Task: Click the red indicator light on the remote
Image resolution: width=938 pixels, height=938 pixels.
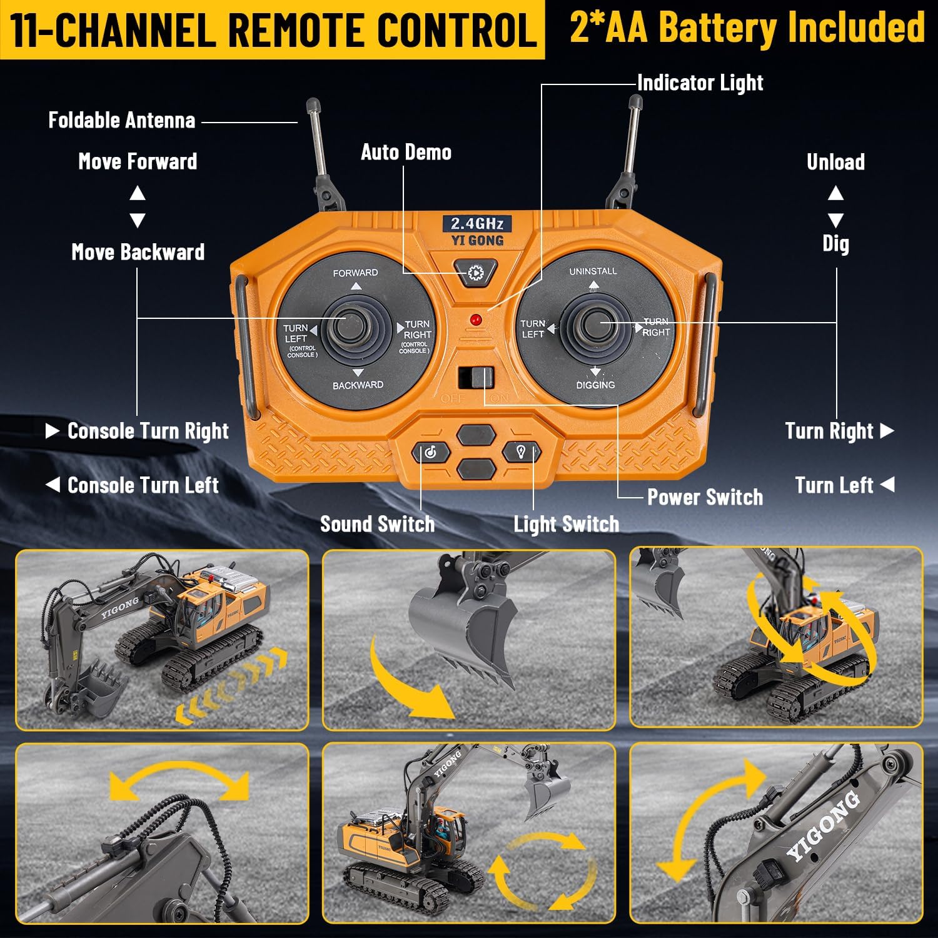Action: (x=475, y=320)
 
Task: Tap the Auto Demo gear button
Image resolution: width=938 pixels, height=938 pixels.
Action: (x=475, y=273)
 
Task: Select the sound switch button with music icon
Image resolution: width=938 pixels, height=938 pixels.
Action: (x=430, y=452)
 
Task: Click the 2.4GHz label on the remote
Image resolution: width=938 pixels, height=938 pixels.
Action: (x=477, y=223)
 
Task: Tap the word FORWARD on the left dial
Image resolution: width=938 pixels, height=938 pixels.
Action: (x=355, y=273)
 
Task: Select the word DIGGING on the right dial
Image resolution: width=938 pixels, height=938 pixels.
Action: (x=595, y=385)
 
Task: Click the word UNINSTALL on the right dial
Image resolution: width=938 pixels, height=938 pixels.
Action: (x=593, y=271)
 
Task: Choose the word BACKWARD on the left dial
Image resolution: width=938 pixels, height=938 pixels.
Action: (x=358, y=385)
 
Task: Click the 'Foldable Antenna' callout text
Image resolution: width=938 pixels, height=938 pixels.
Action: (x=122, y=120)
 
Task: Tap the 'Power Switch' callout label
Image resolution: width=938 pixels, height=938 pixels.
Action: (x=705, y=497)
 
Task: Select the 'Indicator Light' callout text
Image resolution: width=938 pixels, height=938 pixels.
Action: (x=700, y=83)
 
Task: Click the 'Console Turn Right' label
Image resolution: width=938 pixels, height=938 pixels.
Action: (x=148, y=431)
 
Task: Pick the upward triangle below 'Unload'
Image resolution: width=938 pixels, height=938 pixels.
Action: (x=835, y=193)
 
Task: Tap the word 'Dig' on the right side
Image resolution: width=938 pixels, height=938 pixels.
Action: (x=835, y=243)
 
